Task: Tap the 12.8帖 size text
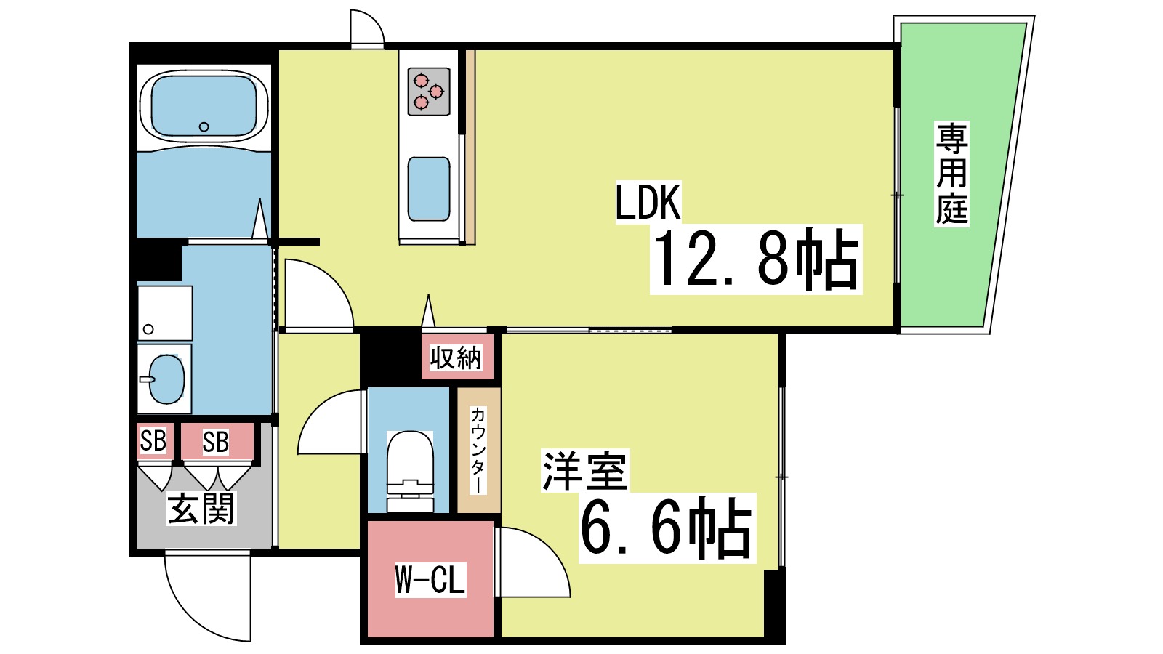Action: (x=756, y=259)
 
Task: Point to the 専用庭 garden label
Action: (x=951, y=174)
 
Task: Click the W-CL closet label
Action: (x=430, y=579)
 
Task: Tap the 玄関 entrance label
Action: (x=201, y=508)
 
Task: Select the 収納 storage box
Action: (x=456, y=357)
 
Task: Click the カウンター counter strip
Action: (x=478, y=450)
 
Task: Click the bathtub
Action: (x=204, y=107)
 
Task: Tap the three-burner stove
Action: (x=429, y=91)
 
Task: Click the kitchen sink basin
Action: (x=429, y=188)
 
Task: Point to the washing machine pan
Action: (x=165, y=312)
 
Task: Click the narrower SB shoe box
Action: (x=153, y=440)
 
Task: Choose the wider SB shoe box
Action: (x=216, y=441)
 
